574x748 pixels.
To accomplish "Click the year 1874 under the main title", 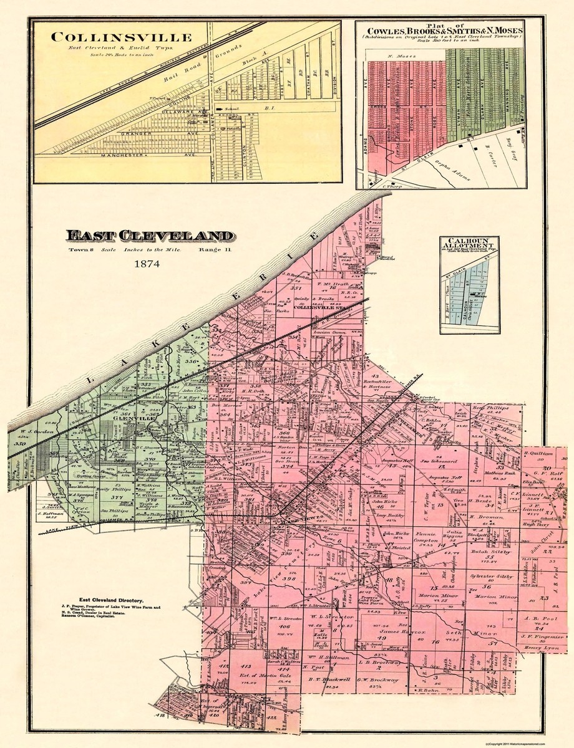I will [147, 264].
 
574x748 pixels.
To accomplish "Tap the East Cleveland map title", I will [150, 236].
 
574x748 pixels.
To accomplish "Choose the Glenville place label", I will [132, 420].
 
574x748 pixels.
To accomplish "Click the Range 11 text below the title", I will [216, 250].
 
